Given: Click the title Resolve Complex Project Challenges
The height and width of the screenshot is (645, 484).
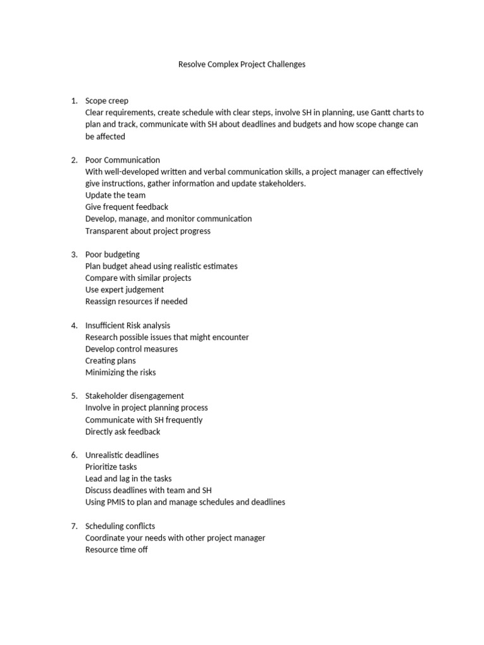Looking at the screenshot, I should [242, 64].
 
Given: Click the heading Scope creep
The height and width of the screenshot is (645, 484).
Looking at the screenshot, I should [107, 101].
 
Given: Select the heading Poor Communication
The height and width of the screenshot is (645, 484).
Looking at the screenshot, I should [122, 160].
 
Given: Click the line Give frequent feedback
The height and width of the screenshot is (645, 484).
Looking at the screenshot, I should [127, 207].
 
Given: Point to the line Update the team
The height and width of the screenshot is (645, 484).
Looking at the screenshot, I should [115, 195].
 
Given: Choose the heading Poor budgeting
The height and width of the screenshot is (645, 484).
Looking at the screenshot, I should [112, 254].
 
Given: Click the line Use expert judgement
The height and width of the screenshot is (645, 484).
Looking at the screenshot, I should [124, 290].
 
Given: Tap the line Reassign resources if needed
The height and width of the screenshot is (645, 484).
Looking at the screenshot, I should [136, 302].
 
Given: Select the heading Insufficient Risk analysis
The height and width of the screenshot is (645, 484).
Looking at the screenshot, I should [127, 326].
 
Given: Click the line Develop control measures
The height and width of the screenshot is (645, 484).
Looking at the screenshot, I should [131, 349].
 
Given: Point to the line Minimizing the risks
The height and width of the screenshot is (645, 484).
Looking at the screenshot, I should [120, 373].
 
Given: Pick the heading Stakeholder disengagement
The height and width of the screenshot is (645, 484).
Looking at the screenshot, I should [134, 396].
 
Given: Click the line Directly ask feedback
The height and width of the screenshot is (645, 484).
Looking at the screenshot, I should [122, 432].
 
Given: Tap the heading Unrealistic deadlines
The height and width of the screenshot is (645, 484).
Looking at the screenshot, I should [122, 455].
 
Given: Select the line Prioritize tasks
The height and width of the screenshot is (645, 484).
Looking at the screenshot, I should [111, 467].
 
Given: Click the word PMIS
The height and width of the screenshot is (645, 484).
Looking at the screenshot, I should [118, 503].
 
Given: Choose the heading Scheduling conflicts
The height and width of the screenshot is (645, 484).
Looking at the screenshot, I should [120, 527].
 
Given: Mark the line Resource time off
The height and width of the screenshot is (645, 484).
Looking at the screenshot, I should [116, 550].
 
